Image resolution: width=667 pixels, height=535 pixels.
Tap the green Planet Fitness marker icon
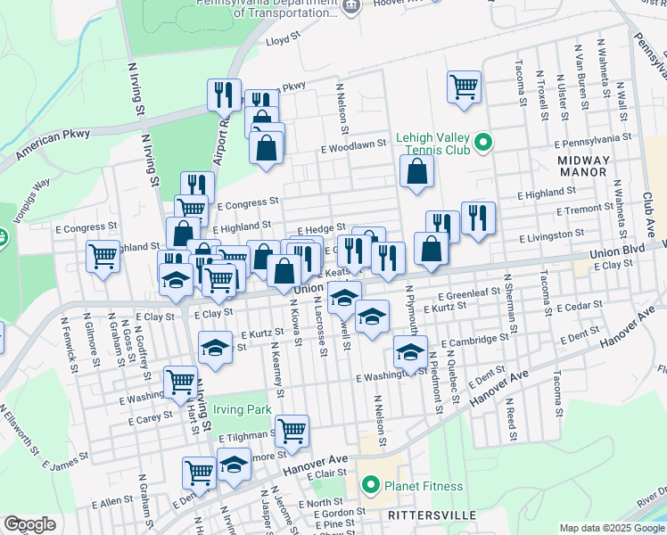[372, 486]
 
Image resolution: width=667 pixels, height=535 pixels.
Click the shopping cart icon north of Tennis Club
[464, 86]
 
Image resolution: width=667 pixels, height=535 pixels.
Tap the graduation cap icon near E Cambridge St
[410, 351]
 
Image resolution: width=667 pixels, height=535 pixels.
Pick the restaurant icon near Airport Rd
[224, 94]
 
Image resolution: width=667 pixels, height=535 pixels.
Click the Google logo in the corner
[29, 524]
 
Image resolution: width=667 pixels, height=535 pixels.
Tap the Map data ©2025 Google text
[612, 528]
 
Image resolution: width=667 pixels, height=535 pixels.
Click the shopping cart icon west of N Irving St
[103, 256]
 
